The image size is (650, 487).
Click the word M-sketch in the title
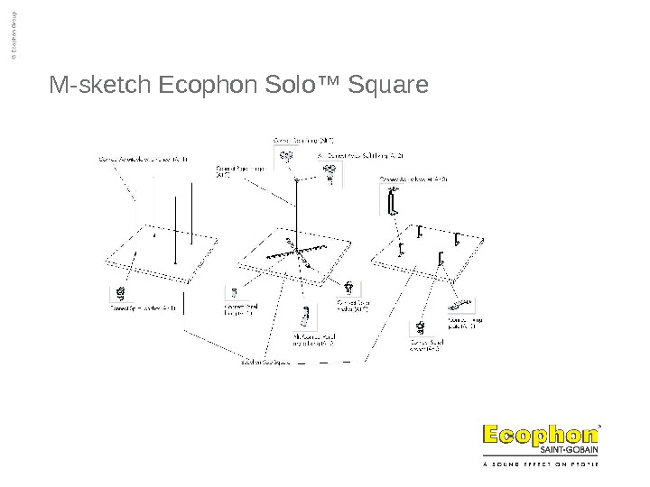[x=101, y=86]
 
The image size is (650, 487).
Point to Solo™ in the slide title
[x=292, y=86]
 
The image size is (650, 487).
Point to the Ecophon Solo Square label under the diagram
[x=264, y=363]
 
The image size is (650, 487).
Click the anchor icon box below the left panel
[x=118, y=294]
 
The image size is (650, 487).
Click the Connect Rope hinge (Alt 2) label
[x=233, y=170]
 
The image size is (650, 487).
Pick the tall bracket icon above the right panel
[x=392, y=203]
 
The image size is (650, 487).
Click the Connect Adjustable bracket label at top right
[x=413, y=179]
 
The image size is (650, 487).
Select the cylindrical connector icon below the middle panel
[x=306, y=316]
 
